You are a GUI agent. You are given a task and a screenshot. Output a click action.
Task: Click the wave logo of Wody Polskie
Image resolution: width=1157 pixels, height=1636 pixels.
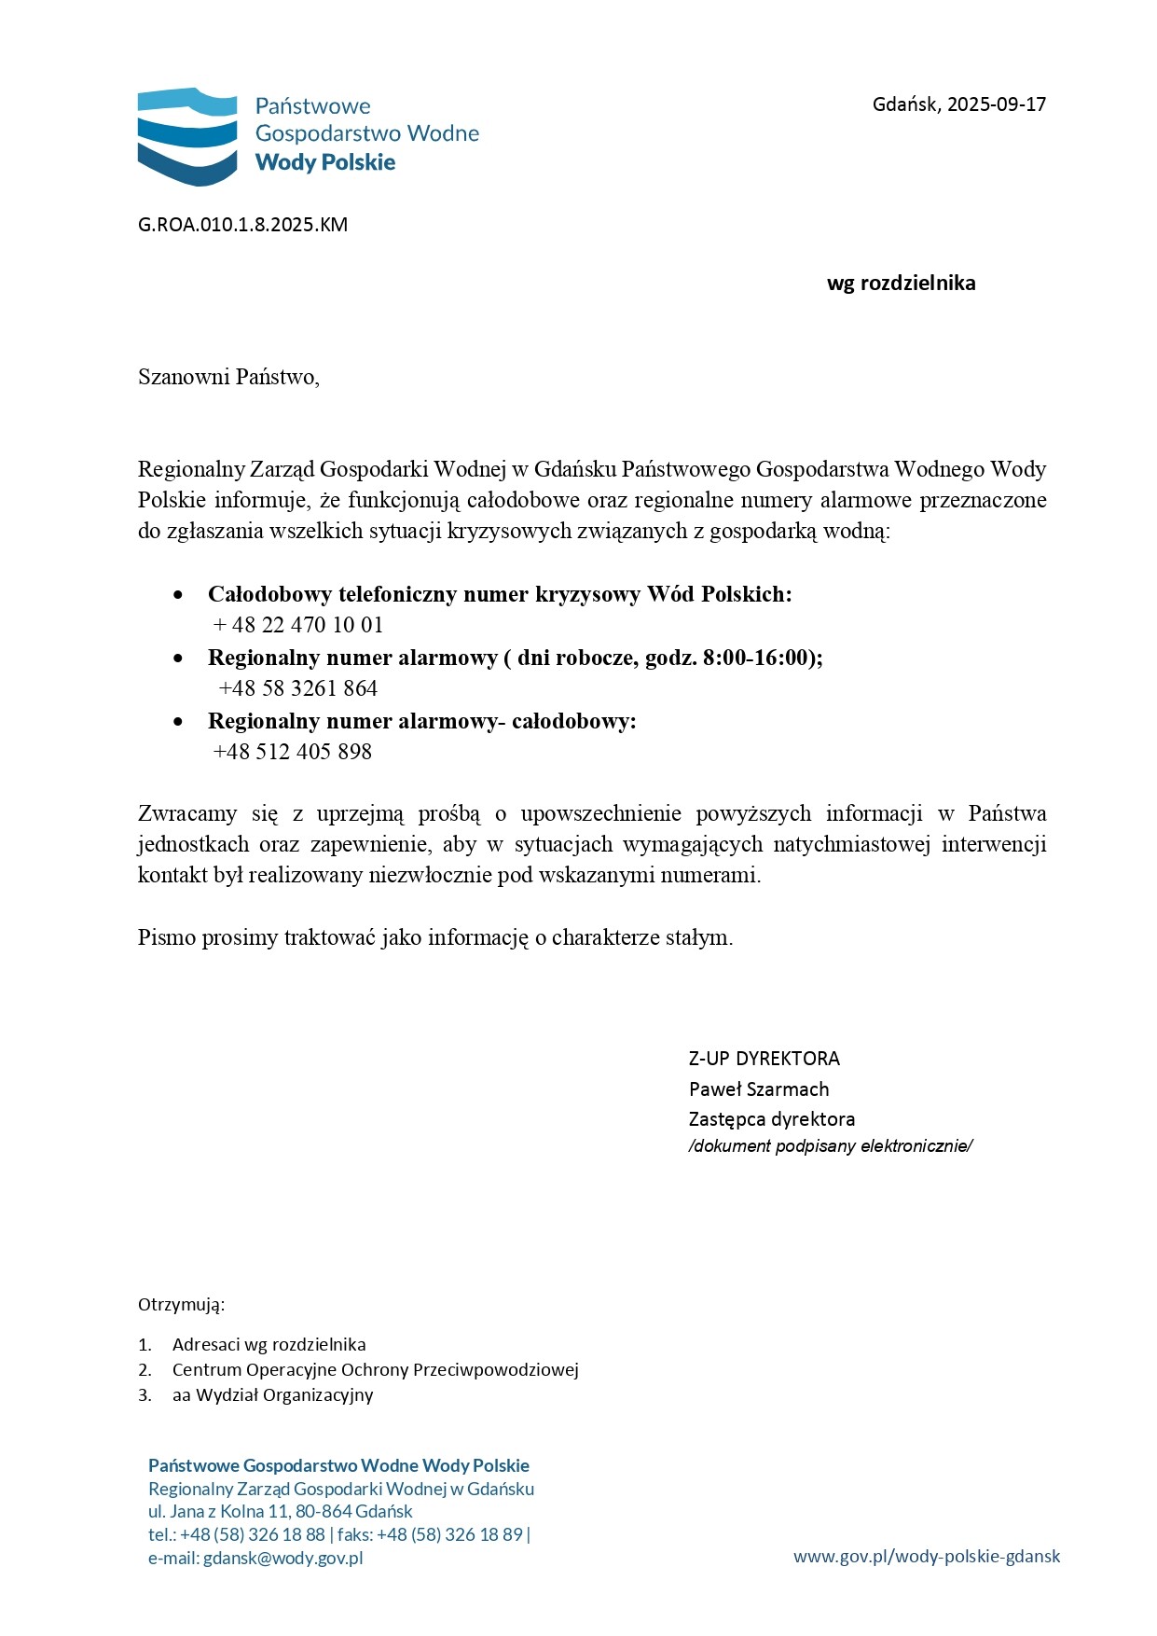[x=187, y=136]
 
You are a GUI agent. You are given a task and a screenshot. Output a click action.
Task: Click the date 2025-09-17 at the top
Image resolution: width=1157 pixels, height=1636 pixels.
[x=997, y=104]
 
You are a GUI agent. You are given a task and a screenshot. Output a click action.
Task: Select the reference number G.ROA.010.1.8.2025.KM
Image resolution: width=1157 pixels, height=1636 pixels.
[x=242, y=225]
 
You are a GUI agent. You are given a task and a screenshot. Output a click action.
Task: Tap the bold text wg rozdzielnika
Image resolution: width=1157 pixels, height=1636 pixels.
[x=901, y=284]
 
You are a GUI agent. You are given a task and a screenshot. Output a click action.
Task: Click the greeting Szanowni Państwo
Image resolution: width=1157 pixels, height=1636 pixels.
[x=228, y=377]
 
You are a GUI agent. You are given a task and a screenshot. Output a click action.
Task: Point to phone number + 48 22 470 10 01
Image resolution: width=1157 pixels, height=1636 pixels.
[x=298, y=625]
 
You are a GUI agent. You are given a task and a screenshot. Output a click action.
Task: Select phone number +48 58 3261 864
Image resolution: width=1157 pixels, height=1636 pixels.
[x=298, y=688]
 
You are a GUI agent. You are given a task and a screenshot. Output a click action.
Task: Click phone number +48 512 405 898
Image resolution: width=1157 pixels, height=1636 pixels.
[x=293, y=752]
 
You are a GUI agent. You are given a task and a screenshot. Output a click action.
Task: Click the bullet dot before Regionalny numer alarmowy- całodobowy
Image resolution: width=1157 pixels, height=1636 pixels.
[x=178, y=722]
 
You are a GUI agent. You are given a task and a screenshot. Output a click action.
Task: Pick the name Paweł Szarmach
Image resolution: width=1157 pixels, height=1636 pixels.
[x=759, y=1089]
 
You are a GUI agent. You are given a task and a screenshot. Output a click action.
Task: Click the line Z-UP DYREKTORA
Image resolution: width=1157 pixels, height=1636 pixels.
[x=764, y=1059]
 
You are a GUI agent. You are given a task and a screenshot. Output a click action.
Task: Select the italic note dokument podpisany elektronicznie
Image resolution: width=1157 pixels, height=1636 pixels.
[x=830, y=1146]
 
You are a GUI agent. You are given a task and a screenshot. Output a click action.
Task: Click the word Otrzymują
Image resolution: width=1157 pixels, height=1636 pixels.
[x=181, y=1304]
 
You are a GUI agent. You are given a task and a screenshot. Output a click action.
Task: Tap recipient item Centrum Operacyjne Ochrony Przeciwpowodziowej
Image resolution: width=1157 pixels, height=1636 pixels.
[x=375, y=1370]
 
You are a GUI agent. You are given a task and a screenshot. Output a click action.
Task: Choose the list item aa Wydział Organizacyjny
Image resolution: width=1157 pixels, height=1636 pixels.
[x=272, y=1395]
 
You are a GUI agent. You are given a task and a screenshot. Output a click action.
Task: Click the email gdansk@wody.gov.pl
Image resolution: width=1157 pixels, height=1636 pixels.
[x=282, y=1558]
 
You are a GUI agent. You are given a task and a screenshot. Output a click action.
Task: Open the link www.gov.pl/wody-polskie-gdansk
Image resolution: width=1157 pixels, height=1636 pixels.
[x=926, y=1556]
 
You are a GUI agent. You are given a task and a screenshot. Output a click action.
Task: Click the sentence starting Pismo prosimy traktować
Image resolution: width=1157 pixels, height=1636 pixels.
[x=435, y=937]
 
